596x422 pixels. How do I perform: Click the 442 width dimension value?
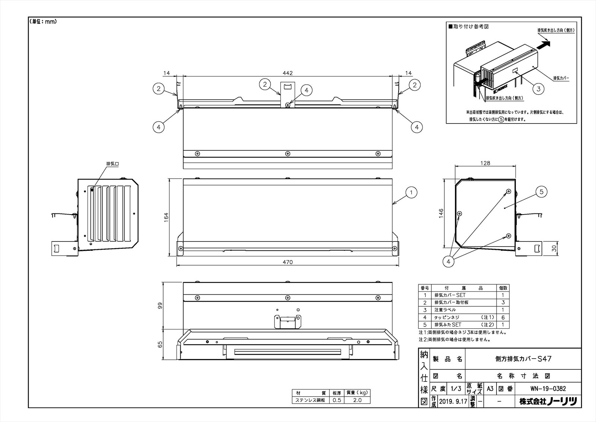point(288,73)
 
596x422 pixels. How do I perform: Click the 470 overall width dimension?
point(288,262)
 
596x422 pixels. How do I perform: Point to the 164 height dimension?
point(166,217)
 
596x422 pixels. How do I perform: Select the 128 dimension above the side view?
point(485,163)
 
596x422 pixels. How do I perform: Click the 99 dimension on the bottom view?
point(161,306)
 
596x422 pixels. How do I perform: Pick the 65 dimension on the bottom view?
point(161,345)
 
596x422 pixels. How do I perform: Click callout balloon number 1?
point(411,193)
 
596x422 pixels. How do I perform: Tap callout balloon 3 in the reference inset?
point(538,89)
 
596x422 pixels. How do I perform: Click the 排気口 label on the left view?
point(112,164)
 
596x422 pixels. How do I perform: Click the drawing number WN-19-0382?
point(548,388)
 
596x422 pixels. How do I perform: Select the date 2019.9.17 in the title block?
point(453,401)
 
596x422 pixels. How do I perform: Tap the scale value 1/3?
point(456,388)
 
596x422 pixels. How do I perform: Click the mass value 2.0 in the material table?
point(357,400)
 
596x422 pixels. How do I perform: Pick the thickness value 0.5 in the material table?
point(337,400)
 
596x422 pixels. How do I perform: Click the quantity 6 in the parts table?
point(503,317)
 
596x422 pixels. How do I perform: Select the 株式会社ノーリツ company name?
point(548,401)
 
